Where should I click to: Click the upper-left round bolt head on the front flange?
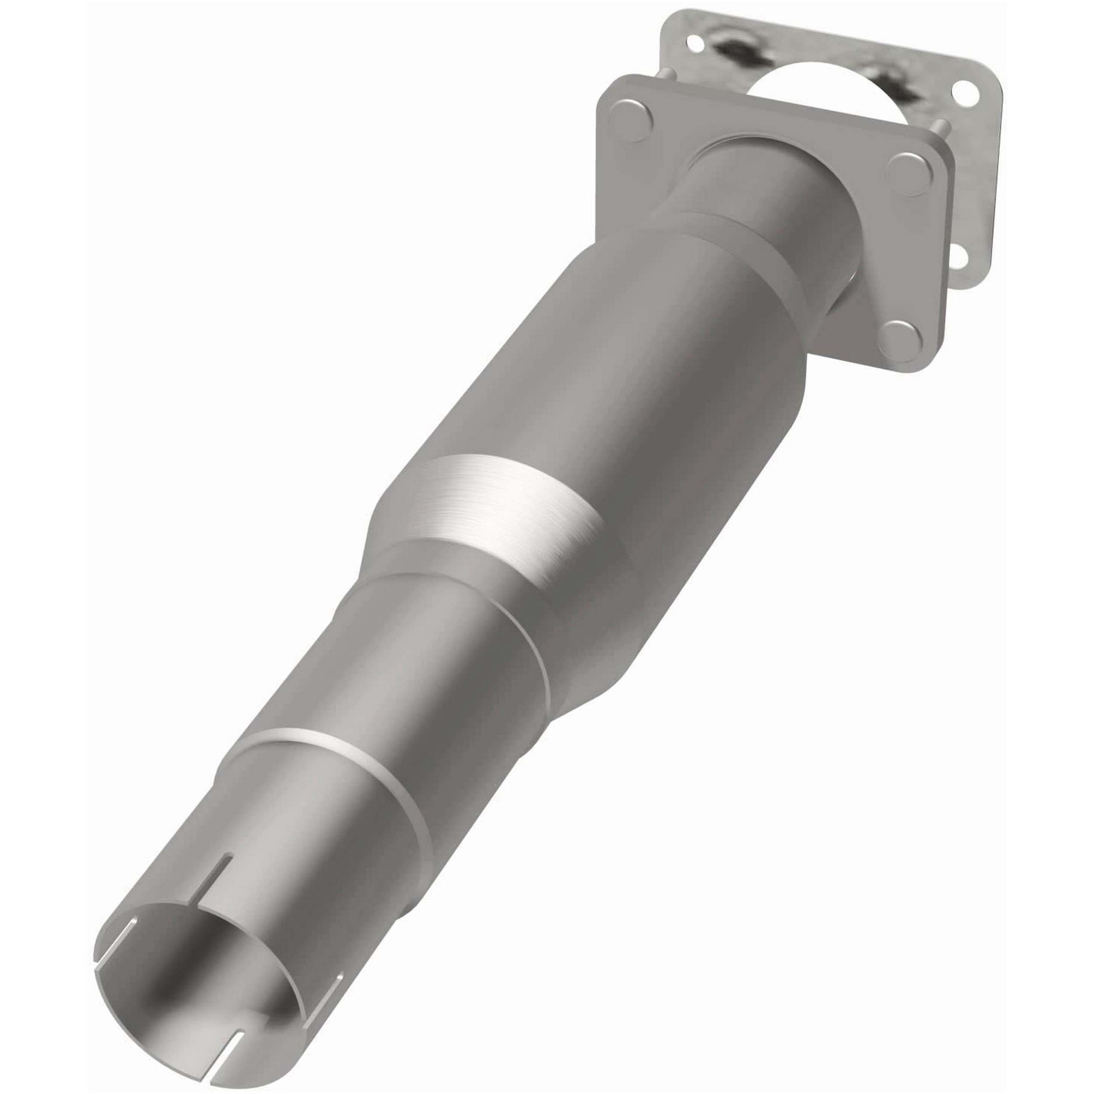tap(632, 121)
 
